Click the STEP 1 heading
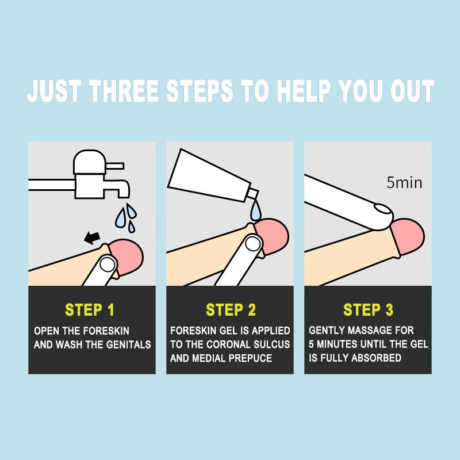pos(90,310)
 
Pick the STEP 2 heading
pos(231,310)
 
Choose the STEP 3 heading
pos(368,310)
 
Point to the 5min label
pos(404,183)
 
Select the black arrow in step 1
pos(91,237)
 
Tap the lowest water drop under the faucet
pos(131,227)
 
